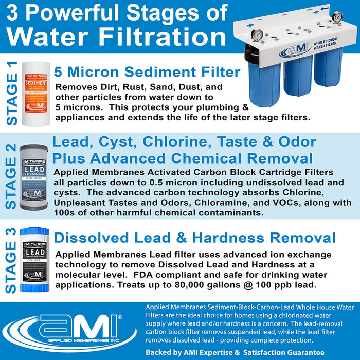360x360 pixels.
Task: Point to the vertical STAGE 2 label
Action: (x=11, y=177)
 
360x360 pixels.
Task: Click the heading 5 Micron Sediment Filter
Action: (x=147, y=71)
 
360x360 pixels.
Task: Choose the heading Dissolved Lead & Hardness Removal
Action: (x=194, y=238)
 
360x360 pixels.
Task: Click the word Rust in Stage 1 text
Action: (x=128, y=87)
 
